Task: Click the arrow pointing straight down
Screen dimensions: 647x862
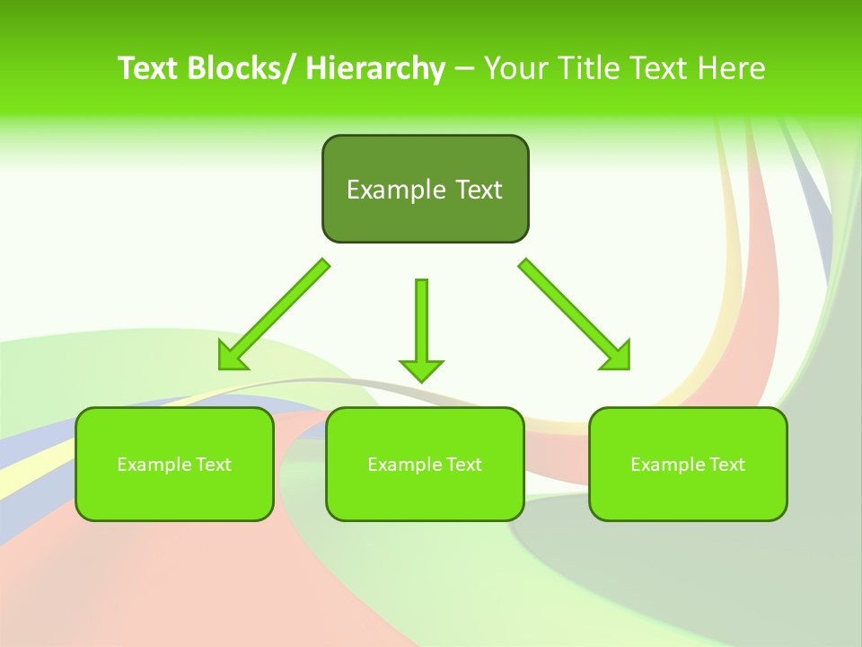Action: [421, 329]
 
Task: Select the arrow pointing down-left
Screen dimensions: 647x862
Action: [274, 315]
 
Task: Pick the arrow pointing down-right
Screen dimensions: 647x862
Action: [574, 314]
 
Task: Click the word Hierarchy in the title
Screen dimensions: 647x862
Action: [375, 68]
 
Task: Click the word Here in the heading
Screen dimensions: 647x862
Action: [734, 68]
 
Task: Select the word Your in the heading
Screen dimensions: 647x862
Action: [516, 68]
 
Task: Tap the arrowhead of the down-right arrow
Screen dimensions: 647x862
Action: [617, 356]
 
